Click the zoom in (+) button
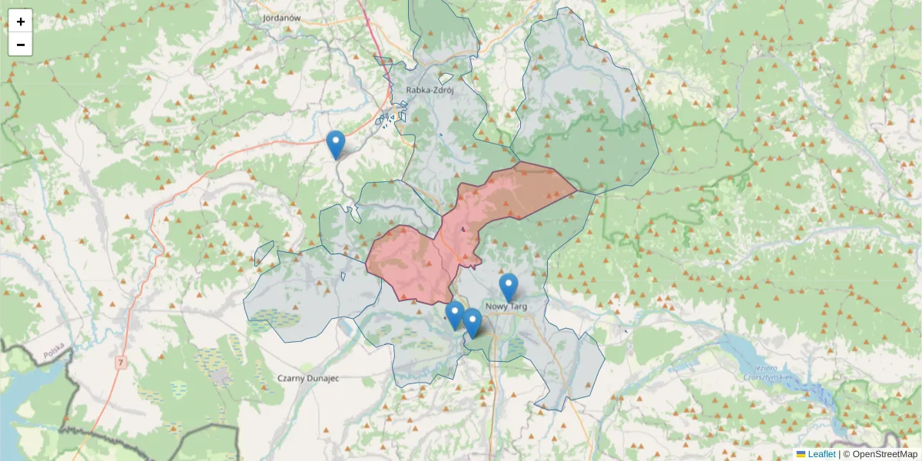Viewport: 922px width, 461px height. click(x=21, y=22)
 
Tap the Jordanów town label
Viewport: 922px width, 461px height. click(x=280, y=17)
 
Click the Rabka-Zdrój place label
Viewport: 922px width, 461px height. click(x=430, y=91)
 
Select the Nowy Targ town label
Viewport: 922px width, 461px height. click(x=508, y=307)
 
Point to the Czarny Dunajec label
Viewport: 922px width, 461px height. click(x=308, y=378)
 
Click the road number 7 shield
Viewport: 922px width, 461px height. click(x=121, y=361)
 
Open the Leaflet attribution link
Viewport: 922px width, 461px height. click(x=821, y=454)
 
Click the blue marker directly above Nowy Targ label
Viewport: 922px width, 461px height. click(x=509, y=287)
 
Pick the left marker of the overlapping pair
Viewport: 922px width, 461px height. click(x=454, y=315)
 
